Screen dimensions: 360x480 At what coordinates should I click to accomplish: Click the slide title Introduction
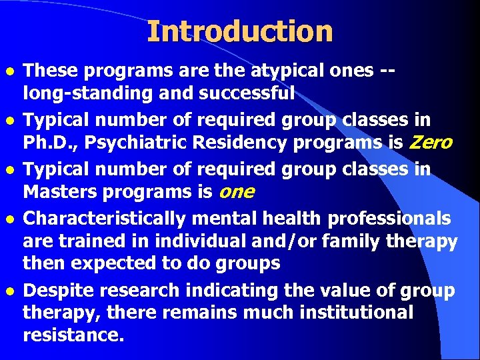click(x=239, y=32)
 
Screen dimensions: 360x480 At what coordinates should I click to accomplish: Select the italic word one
click(x=236, y=192)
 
